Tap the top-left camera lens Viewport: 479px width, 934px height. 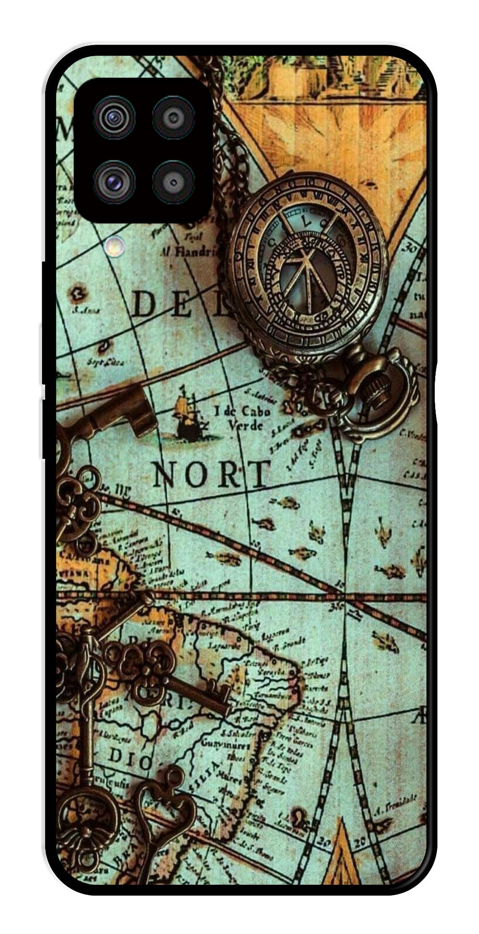(114, 118)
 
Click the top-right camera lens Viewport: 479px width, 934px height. (173, 118)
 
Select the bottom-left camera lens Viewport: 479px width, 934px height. (114, 181)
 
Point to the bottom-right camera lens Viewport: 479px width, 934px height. (173, 182)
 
